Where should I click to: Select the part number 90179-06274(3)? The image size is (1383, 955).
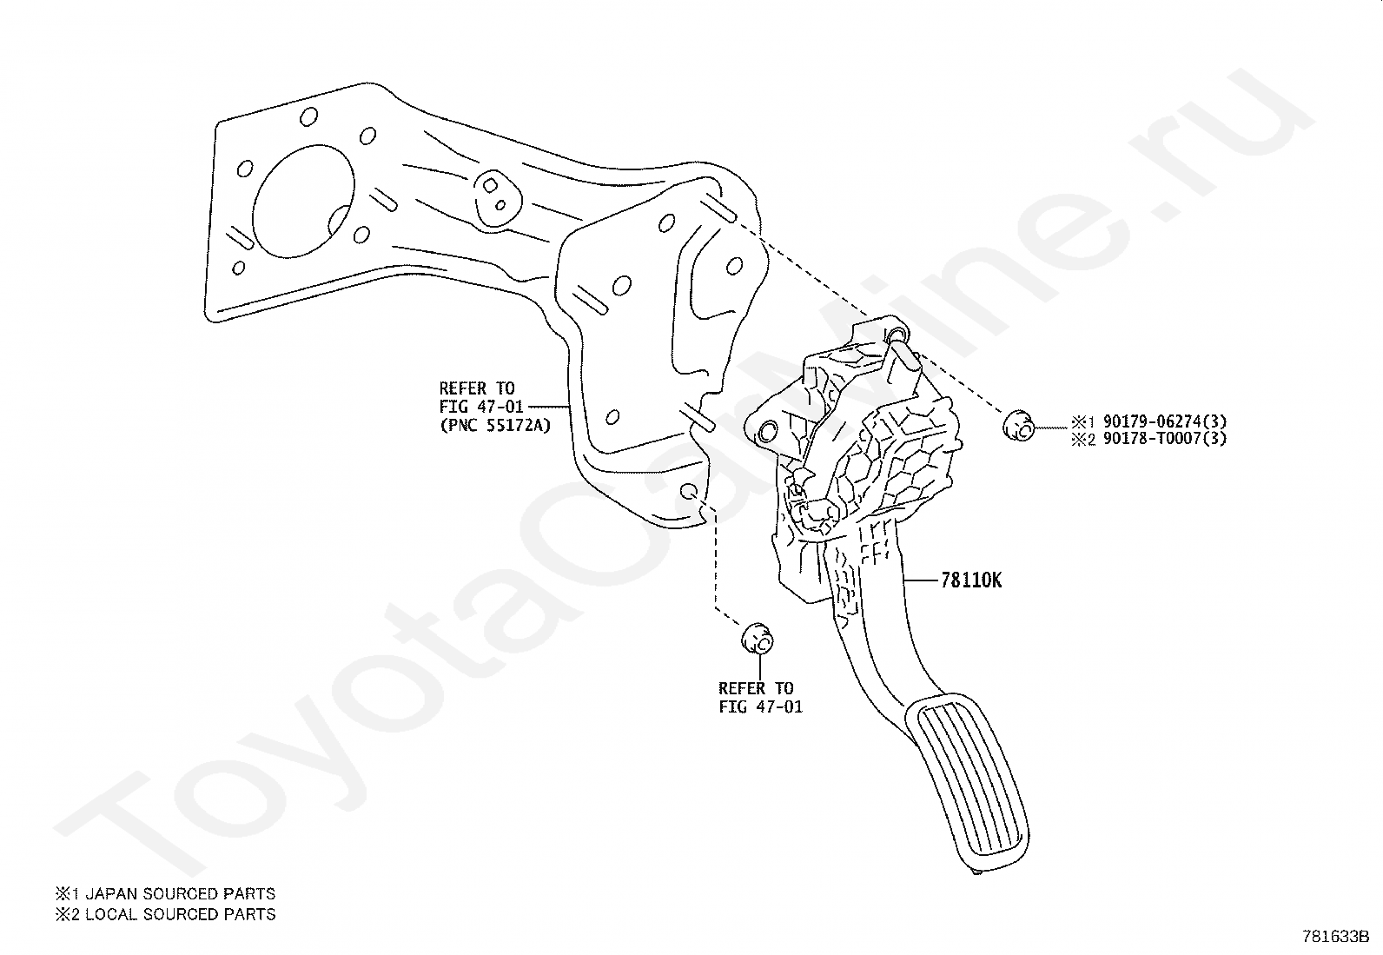(1165, 422)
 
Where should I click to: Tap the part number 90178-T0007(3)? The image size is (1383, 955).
(1165, 439)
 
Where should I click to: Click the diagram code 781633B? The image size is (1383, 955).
(1335, 937)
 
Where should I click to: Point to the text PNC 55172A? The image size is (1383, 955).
(495, 426)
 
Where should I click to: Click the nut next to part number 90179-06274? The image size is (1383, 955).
(1017, 426)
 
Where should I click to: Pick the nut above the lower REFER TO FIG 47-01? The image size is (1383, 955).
(757, 639)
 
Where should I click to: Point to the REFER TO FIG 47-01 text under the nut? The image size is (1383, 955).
(760, 698)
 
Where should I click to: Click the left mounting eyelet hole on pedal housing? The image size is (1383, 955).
(767, 432)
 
